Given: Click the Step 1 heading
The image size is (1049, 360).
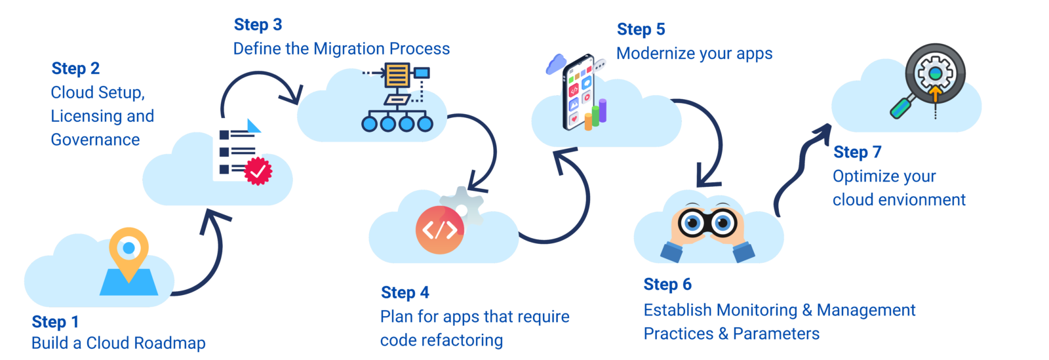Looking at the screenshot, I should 55,322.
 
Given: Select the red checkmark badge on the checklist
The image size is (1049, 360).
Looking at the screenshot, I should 258,171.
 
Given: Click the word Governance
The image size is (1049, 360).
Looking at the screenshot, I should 95,140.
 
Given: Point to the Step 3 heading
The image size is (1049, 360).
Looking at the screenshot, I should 258,25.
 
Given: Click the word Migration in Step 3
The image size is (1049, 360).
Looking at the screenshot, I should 349,49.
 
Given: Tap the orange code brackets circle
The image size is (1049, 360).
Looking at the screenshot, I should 439,230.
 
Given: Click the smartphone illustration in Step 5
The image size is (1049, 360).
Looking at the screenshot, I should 577,92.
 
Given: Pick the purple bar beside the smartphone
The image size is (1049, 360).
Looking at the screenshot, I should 603,111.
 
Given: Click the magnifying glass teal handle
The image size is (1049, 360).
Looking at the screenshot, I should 903,107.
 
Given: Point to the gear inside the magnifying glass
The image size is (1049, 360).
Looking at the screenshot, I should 935,73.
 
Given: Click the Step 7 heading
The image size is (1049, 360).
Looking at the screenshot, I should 857,152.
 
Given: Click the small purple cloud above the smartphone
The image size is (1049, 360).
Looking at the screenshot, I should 555,64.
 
